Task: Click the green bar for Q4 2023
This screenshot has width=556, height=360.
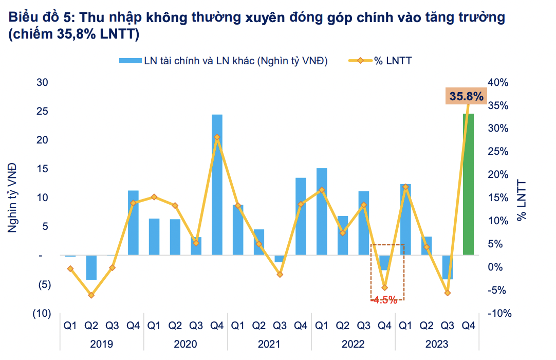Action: click(468, 184)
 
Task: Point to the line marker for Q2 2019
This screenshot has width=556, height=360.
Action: click(91, 295)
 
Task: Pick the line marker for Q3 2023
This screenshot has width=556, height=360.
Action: click(448, 293)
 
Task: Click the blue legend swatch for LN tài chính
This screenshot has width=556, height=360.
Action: click(129, 61)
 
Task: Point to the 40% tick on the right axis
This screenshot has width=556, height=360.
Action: click(498, 82)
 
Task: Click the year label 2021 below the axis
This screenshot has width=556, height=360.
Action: click(269, 344)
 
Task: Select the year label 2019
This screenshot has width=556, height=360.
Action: click(101, 344)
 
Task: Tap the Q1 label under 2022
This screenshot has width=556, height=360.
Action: click(322, 326)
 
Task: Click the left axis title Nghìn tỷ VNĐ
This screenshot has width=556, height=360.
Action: click(12, 197)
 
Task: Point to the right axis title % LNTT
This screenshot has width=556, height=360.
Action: click(522, 201)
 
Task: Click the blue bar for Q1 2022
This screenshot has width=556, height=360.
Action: click(322, 211)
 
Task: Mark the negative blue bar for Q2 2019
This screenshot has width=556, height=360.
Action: click(91, 267)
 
